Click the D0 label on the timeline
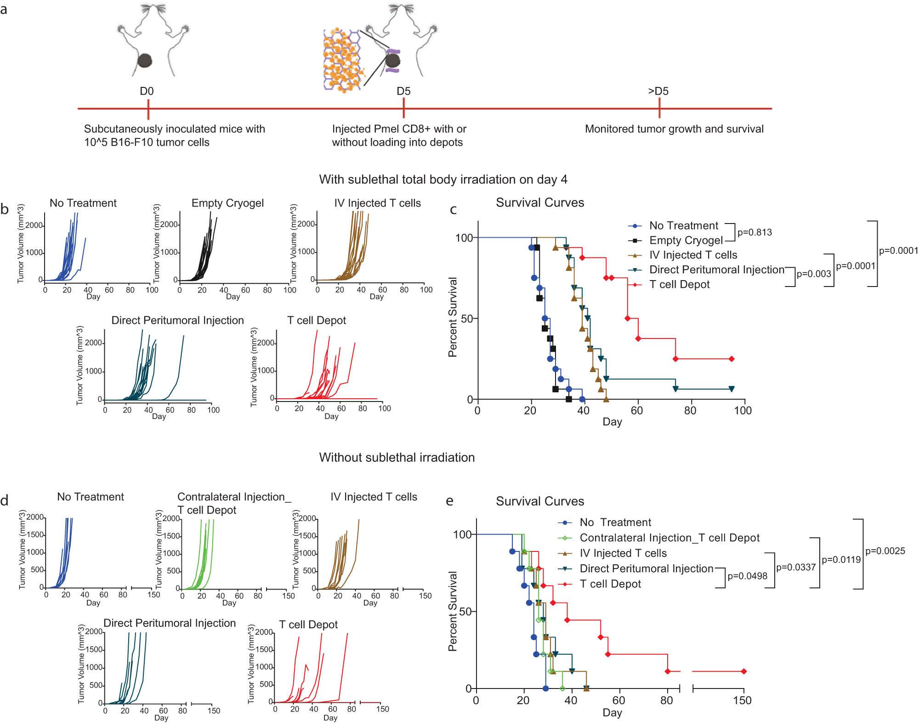(x=147, y=91)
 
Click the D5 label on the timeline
(x=403, y=91)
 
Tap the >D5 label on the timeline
(x=658, y=91)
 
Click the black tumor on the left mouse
(x=145, y=61)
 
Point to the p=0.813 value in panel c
(x=754, y=232)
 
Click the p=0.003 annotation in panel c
(x=814, y=274)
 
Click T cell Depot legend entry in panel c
(x=679, y=285)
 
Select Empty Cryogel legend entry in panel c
(x=686, y=241)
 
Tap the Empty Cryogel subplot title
(x=227, y=203)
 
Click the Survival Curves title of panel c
(x=540, y=202)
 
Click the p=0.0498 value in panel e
(x=747, y=576)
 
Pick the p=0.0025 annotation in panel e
(x=885, y=551)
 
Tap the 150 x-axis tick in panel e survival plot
(x=742, y=700)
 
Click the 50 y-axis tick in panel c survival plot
(x=467, y=319)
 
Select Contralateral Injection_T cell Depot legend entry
(x=669, y=538)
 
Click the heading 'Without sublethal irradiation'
(x=397, y=457)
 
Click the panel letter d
(x=5, y=500)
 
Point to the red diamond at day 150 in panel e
(x=743, y=671)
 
